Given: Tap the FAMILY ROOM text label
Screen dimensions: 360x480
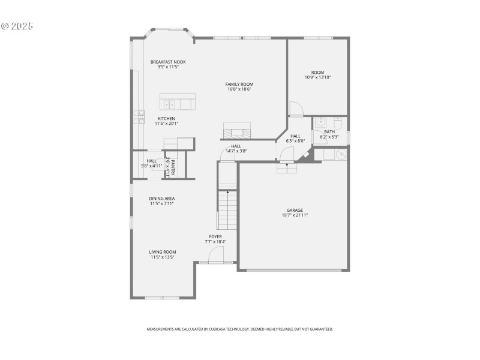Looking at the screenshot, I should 239,84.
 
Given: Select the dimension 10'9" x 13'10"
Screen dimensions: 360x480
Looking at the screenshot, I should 318,77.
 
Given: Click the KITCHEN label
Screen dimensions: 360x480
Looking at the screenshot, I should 167,118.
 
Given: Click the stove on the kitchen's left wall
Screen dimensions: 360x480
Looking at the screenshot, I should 141,116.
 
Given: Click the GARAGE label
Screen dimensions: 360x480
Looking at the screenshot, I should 294,210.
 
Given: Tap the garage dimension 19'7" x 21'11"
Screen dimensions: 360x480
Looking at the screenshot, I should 294,215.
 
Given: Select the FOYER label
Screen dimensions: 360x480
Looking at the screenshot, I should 215,237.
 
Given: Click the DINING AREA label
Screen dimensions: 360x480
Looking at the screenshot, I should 162,198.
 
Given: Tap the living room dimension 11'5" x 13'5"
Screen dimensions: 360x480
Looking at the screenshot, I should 163,257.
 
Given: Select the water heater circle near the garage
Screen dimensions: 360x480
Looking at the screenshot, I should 341,154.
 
